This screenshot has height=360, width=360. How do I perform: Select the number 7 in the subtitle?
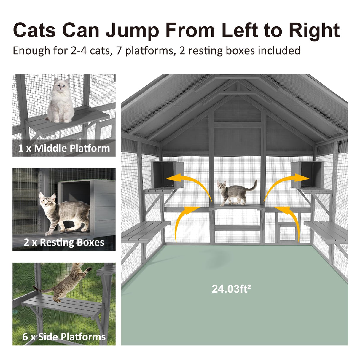pyautogui.click(x=119, y=51)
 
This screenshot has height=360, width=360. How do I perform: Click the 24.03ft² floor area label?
pyautogui.click(x=231, y=289)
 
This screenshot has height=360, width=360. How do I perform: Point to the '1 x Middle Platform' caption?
pyautogui.click(x=64, y=148)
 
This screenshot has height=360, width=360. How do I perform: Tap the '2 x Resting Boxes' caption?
pyautogui.click(x=64, y=242)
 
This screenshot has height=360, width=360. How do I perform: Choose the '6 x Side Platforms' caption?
pyautogui.click(x=64, y=337)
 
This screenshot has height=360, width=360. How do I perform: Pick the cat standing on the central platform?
pyautogui.click(x=236, y=193)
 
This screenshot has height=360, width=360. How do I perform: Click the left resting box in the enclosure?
pyautogui.click(x=167, y=175)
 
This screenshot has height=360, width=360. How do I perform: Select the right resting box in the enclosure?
pyautogui.click(x=307, y=175)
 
